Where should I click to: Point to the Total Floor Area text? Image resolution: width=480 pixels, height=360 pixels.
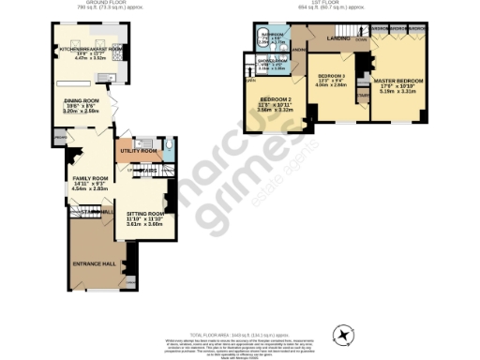pos(240,335)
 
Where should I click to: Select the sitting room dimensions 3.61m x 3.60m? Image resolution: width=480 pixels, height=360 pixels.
pos(132,225)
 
